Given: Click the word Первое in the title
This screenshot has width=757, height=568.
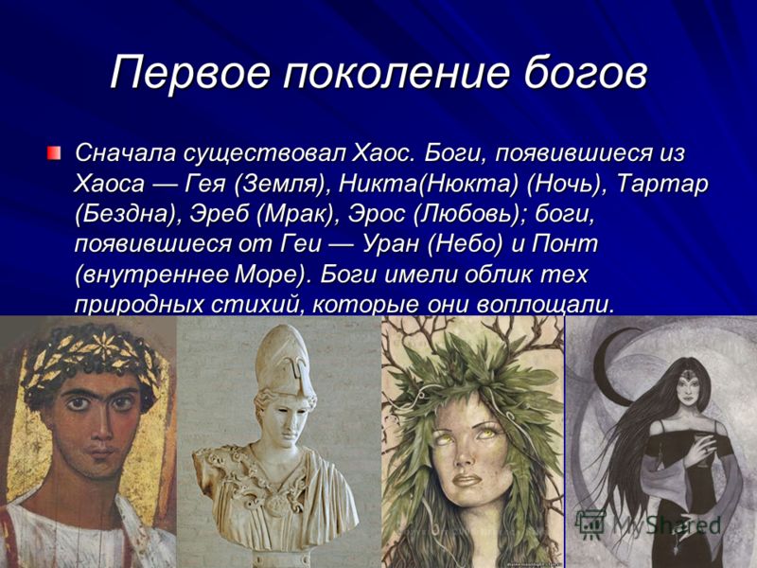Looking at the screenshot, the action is (x=190, y=74).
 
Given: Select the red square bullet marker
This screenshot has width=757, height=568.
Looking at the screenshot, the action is (x=54, y=153).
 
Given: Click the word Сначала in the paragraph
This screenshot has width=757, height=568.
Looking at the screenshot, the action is (x=126, y=153).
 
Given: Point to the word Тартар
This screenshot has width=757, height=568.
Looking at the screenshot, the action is (x=661, y=185).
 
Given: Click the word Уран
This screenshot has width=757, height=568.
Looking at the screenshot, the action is (x=391, y=244).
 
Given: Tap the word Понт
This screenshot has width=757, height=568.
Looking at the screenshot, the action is (x=564, y=244).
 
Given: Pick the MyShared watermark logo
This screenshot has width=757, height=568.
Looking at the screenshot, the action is (x=648, y=525).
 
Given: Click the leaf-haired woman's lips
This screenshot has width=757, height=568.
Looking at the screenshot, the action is (x=467, y=481).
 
